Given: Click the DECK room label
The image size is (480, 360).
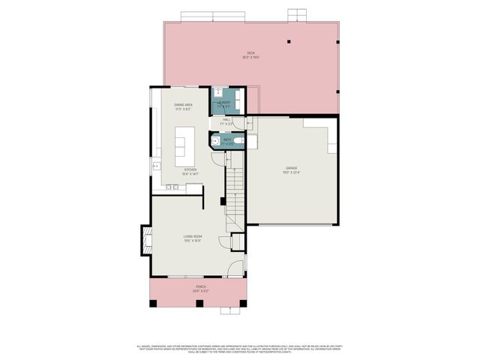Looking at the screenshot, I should (x=250, y=54).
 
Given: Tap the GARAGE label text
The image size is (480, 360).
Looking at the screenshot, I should (x=292, y=169).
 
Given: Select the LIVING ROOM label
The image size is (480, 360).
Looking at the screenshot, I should (x=193, y=238).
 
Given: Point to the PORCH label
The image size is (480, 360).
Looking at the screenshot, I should (x=201, y=288).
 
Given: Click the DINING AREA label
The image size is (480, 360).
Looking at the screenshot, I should (x=184, y=106).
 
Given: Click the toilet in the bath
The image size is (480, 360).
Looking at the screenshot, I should (x=238, y=140).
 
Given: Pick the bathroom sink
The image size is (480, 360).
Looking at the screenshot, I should (x=217, y=140).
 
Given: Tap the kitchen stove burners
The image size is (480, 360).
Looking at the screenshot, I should (x=174, y=187).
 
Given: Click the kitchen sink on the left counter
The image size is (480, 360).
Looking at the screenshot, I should (x=156, y=165).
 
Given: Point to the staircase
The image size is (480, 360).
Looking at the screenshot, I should (x=236, y=195).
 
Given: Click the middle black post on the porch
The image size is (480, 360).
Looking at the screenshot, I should (x=199, y=304).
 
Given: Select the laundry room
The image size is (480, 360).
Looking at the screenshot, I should (x=225, y=101).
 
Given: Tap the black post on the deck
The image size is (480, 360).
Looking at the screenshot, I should (x=289, y=43).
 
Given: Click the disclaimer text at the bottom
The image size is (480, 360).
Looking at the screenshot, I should (x=240, y=348).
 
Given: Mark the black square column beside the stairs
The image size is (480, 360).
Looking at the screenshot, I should (x=221, y=200).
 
